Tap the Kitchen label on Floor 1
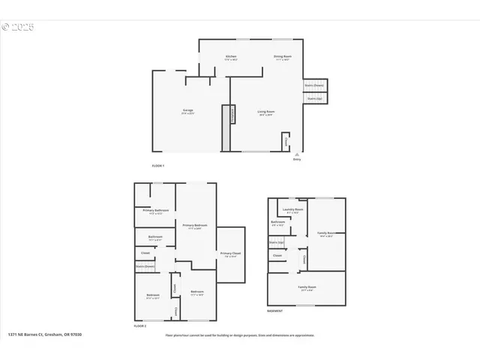pos(232,58)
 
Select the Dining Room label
pos(282,58)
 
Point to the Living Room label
pos(266,112)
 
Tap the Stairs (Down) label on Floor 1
pos(314,85)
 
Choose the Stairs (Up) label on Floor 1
pos(314,97)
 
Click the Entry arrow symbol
pos(296,153)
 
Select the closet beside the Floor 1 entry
pos(286,140)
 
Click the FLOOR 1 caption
pos(157,164)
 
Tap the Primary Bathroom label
pos(155,211)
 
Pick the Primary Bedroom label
pos(194,226)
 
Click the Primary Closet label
pos(230,254)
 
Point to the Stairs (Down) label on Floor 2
pos(145,266)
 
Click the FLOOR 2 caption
pos(139,326)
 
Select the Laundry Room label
pos(292,210)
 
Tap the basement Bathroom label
pos(277,223)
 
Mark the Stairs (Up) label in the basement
pos(276,243)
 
